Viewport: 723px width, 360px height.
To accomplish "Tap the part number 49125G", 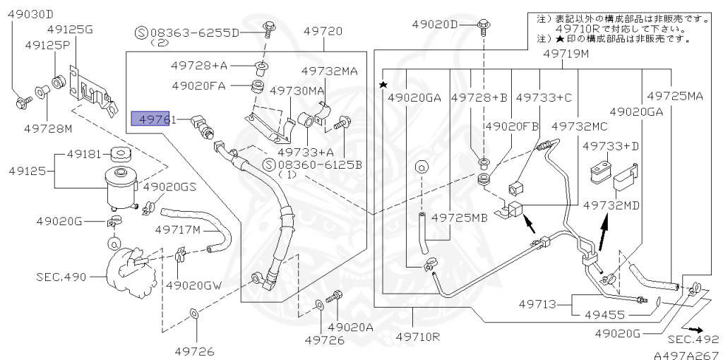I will (x=70, y=29).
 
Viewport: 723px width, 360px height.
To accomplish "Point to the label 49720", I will (x=323, y=31).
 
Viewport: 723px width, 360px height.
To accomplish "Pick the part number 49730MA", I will (x=297, y=90).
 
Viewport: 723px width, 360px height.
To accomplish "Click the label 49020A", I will (x=350, y=327).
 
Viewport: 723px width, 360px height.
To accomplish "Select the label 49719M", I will (x=565, y=54).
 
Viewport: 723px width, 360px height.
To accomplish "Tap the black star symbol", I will (x=383, y=85).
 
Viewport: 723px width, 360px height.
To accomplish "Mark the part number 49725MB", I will (x=460, y=217).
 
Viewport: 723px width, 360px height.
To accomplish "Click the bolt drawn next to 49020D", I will (x=484, y=25).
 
